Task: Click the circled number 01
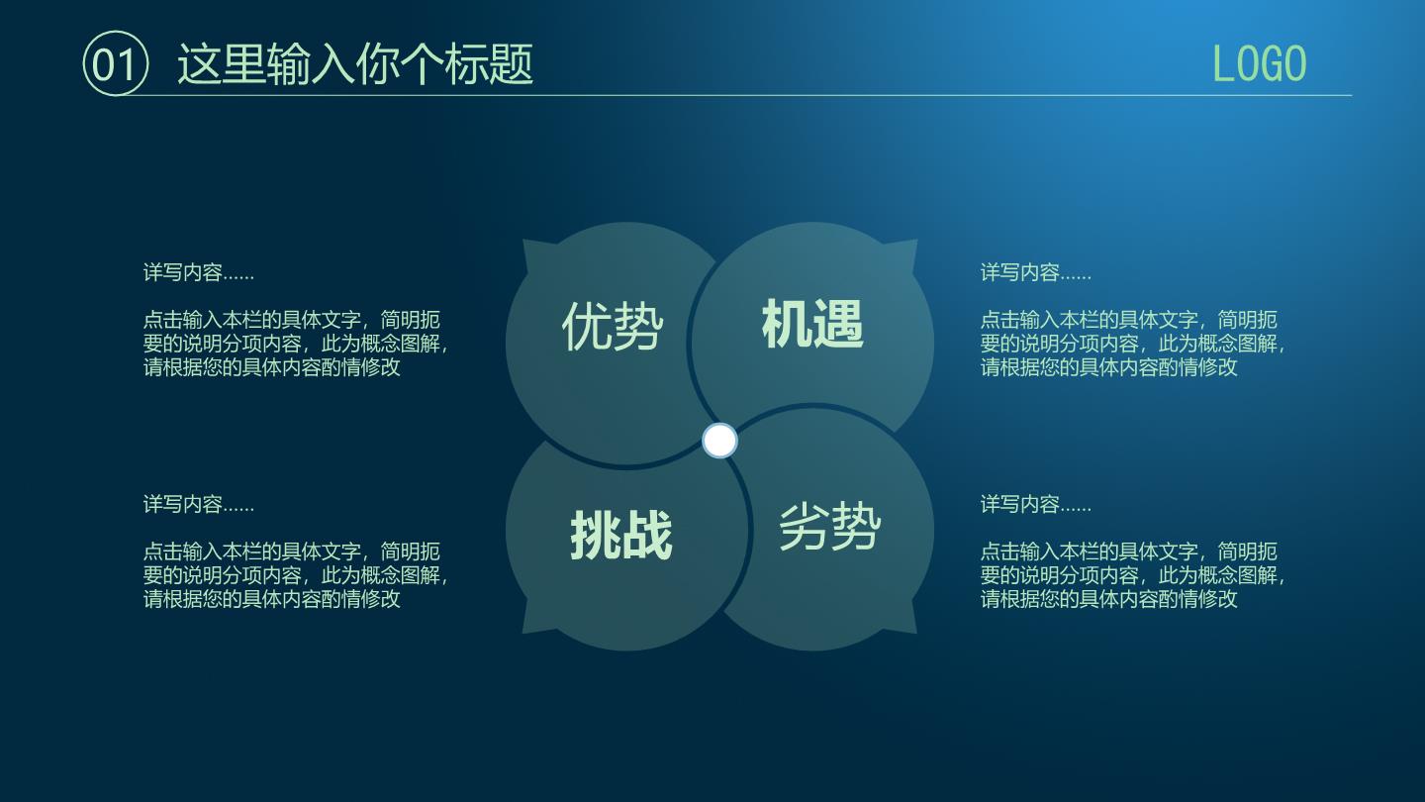point(115,63)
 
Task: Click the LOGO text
point(1259,63)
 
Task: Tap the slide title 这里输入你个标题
point(355,63)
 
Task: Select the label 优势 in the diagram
point(613,326)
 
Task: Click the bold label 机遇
point(812,324)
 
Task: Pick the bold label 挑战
point(621,536)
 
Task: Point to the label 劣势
point(829,527)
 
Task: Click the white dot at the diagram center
point(719,441)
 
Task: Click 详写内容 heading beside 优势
point(199,272)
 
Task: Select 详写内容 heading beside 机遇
point(1036,272)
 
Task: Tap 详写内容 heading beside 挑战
point(199,504)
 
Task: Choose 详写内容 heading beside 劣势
point(1036,504)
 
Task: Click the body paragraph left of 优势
point(296,343)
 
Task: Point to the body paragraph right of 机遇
point(1133,343)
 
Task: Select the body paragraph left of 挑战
point(296,574)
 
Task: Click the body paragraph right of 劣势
point(1133,574)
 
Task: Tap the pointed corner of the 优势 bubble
point(522,240)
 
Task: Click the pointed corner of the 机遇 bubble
point(917,240)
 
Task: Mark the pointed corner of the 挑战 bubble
point(522,634)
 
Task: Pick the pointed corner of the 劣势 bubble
point(917,634)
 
